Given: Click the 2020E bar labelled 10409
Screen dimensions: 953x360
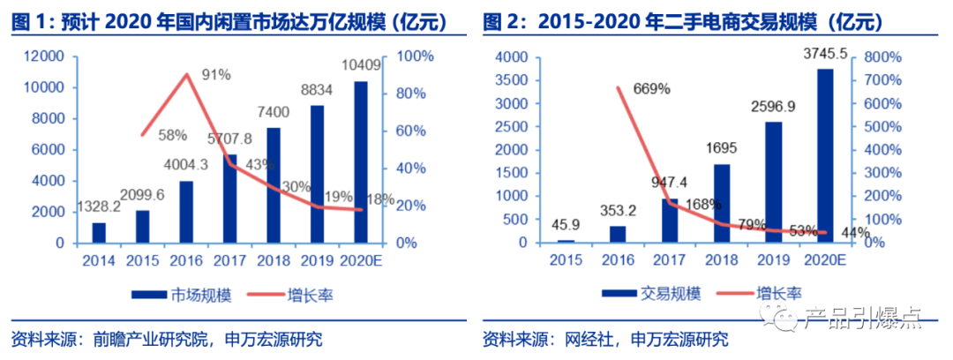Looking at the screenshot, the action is pos(361,162).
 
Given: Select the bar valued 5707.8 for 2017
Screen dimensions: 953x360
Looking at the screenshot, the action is pos(230,199).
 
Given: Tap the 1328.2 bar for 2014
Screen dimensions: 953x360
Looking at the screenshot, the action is pos(99,233).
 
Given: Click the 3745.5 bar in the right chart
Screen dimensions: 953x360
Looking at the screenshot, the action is pos(825,155).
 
